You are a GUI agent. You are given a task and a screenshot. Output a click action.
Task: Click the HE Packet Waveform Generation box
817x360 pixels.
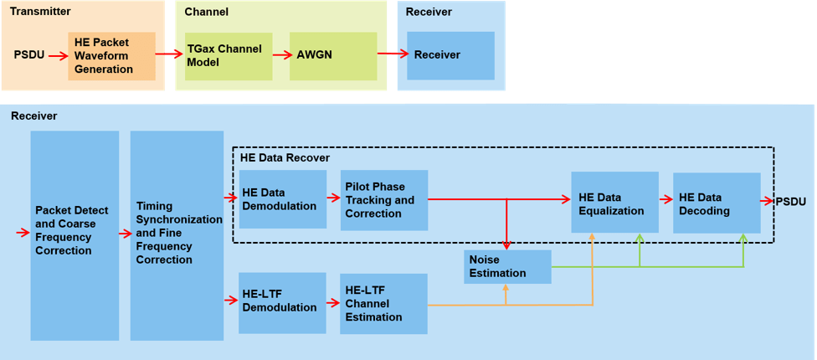tap(111, 56)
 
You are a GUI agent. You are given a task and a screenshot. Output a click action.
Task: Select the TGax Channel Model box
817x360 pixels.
tap(229, 56)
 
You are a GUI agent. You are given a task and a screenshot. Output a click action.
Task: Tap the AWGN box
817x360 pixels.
tap(333, 56)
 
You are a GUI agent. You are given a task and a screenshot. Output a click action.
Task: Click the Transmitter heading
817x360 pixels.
tap(40, 12)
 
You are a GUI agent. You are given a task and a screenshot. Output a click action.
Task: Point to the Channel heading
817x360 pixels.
tap(206, 12)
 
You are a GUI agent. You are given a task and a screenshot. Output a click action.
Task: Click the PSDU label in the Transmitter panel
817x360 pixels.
tap(29, 55)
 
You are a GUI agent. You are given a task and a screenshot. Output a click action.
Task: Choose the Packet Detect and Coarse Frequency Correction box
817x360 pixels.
tap(75, 236)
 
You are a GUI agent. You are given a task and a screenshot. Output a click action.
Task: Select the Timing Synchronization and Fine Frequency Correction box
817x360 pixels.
tap(177, 236)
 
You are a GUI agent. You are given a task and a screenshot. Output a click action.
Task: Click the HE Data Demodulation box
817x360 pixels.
tap(282, 199)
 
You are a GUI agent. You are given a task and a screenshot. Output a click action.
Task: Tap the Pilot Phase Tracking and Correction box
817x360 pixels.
tap(384, 201)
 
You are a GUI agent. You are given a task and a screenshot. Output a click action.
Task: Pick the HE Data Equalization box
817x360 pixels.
tap(614, 202)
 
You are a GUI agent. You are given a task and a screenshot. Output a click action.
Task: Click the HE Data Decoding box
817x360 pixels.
tap(716, 203)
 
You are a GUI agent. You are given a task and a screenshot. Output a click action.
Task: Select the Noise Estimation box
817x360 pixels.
tap(508, 266)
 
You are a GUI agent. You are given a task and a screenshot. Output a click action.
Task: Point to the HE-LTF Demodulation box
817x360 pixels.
tap(282, 302)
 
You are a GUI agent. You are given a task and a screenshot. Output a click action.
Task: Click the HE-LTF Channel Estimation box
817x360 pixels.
tap(383, 303)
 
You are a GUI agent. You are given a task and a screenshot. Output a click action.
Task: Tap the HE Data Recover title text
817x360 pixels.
tap(285, 157)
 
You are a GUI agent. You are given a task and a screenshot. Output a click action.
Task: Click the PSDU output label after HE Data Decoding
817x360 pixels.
tap(791, 202)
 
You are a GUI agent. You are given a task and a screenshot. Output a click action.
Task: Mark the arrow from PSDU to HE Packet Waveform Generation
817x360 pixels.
tap(57, 56)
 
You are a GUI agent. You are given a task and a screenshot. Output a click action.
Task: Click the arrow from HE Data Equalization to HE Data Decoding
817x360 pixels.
tap(665, 200)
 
